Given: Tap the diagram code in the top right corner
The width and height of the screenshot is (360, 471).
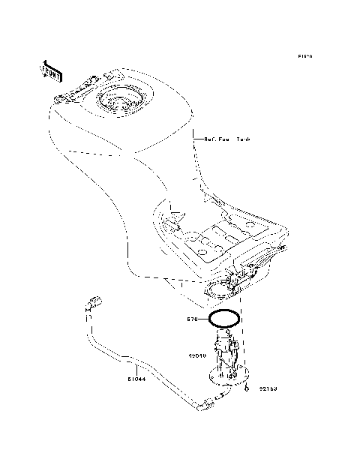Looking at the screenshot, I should point(304,56).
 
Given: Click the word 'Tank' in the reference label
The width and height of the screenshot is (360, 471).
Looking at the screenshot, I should point(244,139).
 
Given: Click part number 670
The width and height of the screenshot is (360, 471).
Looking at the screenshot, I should point(192,319).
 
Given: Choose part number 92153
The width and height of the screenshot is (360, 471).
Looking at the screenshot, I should point(269,388).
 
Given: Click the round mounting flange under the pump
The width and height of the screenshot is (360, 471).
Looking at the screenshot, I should point(229,373).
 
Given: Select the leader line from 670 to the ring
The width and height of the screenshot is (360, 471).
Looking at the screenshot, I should point(203,319).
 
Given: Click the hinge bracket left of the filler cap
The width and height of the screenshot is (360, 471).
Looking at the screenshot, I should point(72,95).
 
